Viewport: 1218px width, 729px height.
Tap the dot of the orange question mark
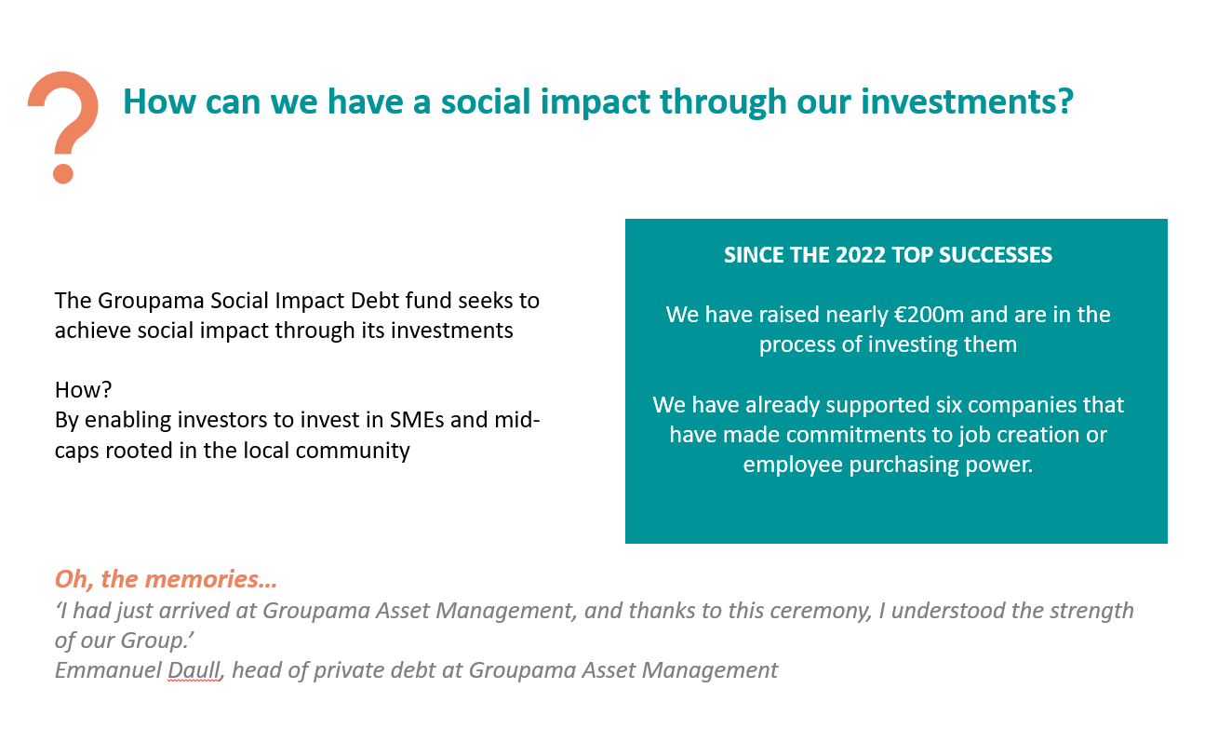63,173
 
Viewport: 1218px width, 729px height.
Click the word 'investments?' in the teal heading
968,101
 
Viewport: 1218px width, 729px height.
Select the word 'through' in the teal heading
723,101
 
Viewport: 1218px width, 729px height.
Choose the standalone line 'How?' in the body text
83,390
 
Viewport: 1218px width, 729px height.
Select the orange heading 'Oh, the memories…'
166,579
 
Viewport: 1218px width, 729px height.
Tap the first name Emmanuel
108,670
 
